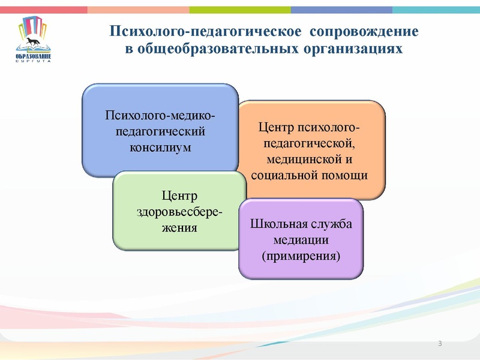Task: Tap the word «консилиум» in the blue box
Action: (x=160, y=146)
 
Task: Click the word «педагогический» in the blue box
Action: (x=160, y=131)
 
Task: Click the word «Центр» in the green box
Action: (x=179, y=197)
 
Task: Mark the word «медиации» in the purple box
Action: (x=300, y=240)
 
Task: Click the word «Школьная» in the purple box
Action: (x=274, y=224)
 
